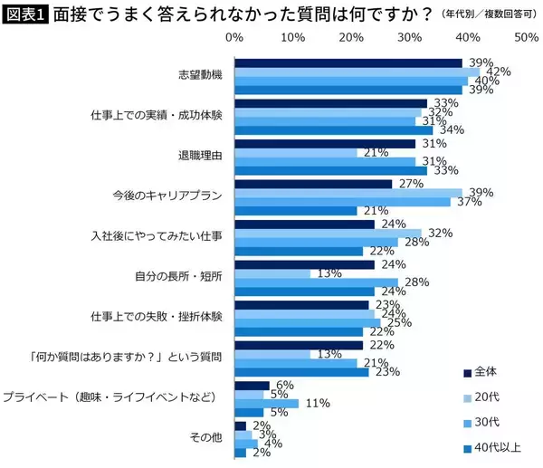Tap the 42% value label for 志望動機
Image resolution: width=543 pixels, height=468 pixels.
pos(499,72)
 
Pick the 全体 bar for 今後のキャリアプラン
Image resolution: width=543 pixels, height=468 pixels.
pos(313,183)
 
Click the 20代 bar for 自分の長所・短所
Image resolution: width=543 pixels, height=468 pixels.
pos(272,273)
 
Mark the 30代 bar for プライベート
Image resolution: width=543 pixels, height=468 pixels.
pos(267,403)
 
